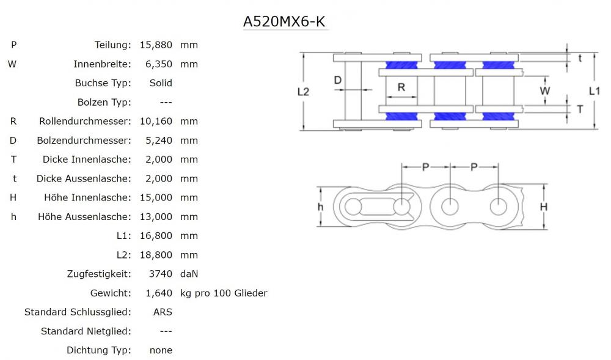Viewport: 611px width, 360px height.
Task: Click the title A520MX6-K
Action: [x=285, y=21]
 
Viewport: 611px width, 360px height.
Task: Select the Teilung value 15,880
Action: [x=156, y=45]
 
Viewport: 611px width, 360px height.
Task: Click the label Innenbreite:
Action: [x=102, y=64]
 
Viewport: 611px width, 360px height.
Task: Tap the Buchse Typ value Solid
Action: [x=161, y=83]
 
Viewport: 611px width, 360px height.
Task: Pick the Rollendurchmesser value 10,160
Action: [x=156, y=121]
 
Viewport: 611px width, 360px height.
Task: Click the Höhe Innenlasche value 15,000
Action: [x=156, y=197]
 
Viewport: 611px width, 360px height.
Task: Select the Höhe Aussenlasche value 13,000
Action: [x=156, y=216]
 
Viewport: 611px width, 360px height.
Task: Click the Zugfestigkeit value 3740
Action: [x=161, y=274]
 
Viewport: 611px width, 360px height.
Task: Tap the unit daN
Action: [x=189, y=274]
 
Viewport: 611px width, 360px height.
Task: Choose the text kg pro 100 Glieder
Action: [x=224, y=293]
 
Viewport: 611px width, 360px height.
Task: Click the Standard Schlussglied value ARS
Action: [x=163, y=312]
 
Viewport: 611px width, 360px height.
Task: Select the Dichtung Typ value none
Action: [x=161, y=350]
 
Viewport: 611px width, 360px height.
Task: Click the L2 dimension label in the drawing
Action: [x=303, y=91]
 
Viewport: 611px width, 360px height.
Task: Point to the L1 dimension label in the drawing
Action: [x=594, y=90]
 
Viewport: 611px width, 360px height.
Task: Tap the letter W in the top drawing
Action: [x=546, y=90]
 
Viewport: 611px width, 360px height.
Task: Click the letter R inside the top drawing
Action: [x=401, y=87]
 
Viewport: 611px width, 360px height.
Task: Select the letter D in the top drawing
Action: [x=337, y=80]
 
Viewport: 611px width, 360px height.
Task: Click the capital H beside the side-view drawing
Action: [x=543, y=207]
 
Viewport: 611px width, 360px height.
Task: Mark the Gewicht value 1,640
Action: [x=158, y=293]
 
